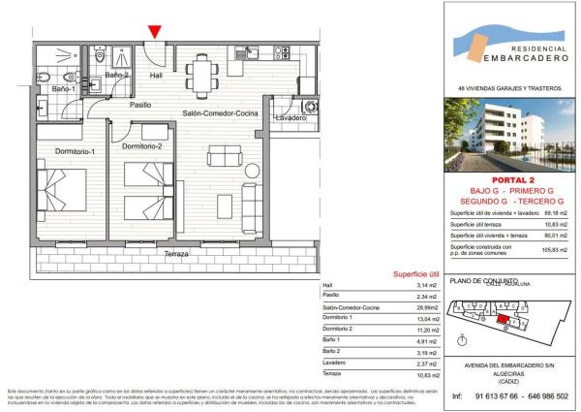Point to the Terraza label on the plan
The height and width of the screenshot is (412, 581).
click(176, 254)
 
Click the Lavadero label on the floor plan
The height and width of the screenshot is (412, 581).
click(290, 118)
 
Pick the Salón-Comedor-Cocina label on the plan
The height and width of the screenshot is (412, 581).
click(221, 112)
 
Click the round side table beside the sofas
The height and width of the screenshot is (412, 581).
click(214, 189)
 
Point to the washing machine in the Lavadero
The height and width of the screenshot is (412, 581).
click(310, 106)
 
